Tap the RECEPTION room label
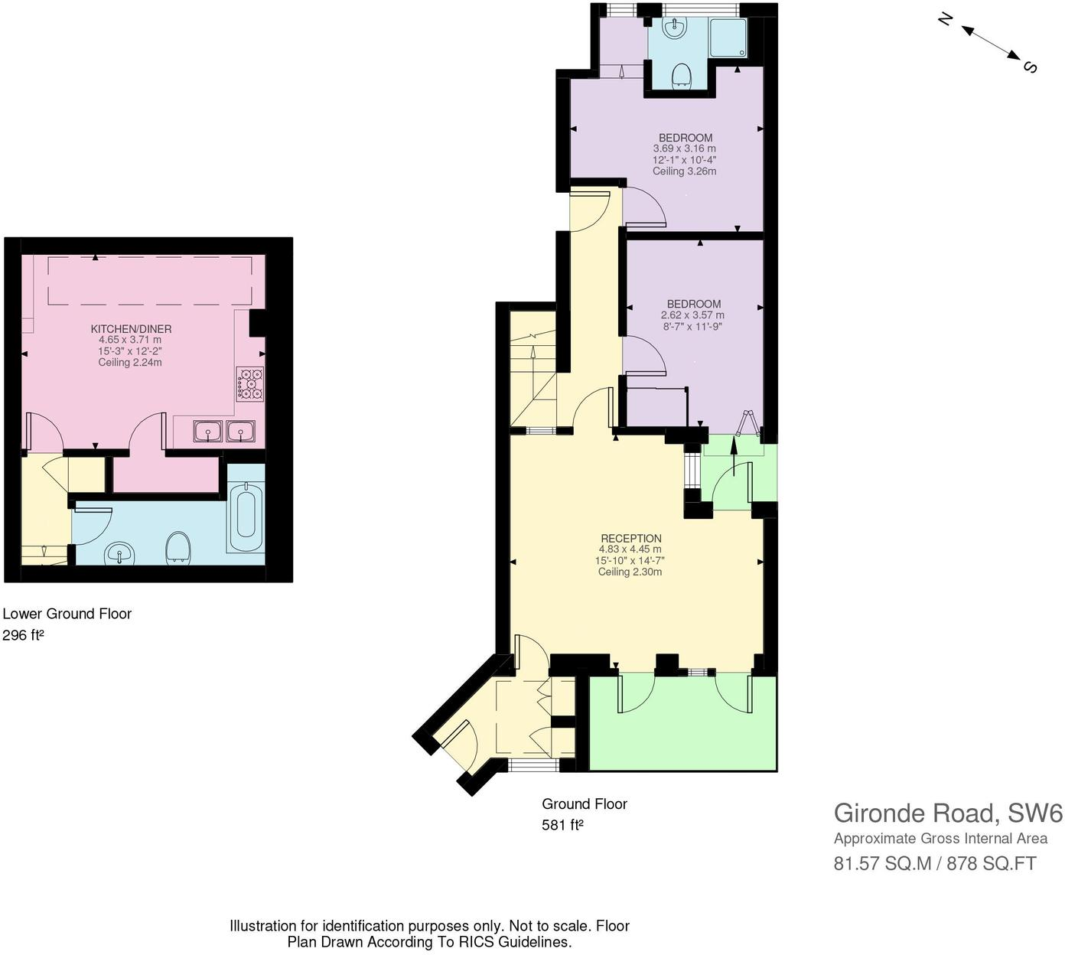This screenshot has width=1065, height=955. (x=630, y=538)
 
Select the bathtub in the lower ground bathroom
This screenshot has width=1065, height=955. (x=246, y=513)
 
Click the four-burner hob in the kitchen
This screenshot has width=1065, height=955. (x=250, y=384)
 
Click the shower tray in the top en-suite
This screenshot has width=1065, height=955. (x=728, y=38)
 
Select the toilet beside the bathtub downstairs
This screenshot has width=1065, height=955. (x=179, y=547)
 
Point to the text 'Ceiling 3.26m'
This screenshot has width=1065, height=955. (x=684, y=171)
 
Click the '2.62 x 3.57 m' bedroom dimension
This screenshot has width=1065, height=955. (x=692, y=315)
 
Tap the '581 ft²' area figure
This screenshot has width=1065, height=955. (x=562, y=825)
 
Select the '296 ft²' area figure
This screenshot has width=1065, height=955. (x=23, y=635)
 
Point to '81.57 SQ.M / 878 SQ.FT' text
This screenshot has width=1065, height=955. (x=934, y=864)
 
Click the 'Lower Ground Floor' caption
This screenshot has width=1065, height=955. (x=67, y=614)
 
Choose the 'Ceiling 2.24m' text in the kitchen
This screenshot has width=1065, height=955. (x=130, y=362)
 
